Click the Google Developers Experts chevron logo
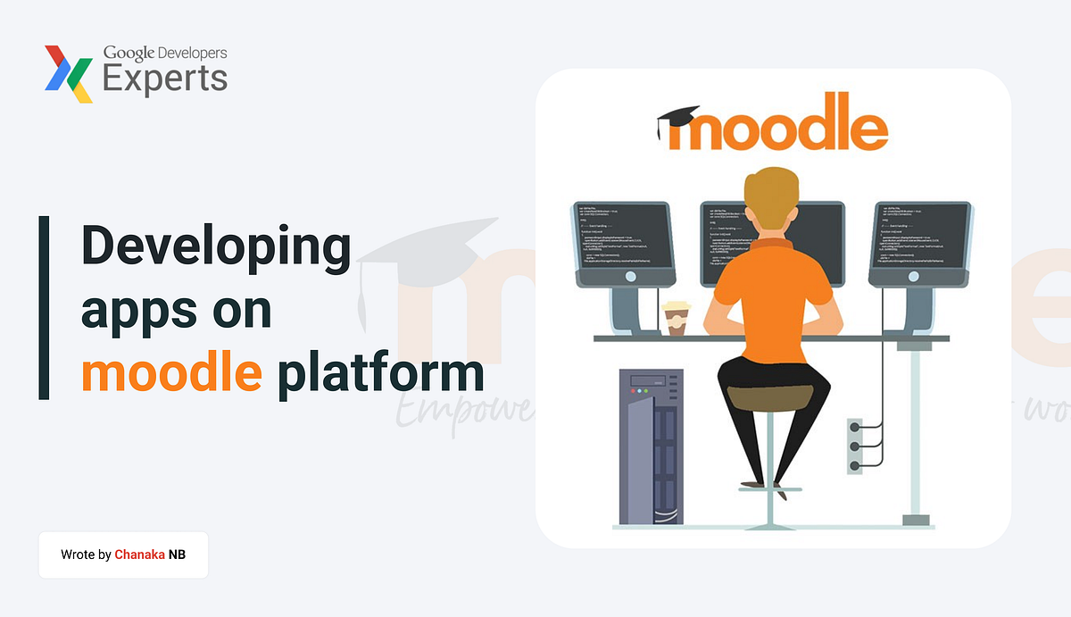[69, 73]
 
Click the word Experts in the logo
[165, 79]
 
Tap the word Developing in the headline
[217, 246]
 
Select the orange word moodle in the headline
[171, 373]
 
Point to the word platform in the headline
[380, 373]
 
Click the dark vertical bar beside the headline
[44, 307]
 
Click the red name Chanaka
[139, 554]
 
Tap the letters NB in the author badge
[177, 554]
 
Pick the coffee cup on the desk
[676, 318]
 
